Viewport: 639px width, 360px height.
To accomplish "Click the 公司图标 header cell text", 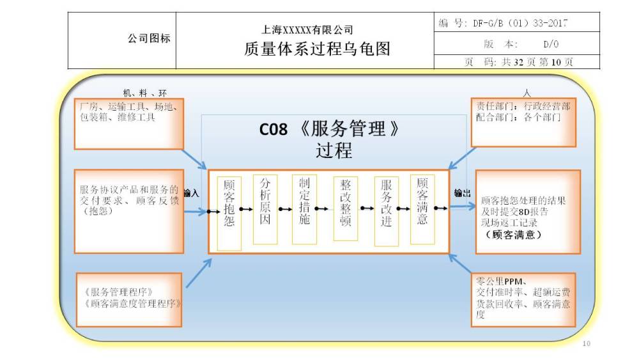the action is click(x=149, y=38).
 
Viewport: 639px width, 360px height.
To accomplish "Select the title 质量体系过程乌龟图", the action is click(x=317, y=49).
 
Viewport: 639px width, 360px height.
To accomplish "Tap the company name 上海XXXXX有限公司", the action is click(x=307, y=30).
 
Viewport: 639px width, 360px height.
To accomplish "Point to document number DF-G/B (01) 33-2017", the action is click(x=520, y=23).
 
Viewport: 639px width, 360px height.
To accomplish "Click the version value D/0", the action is click(x=551, y=44).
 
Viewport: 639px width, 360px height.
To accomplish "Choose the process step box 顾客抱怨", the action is click(x=229, y=213).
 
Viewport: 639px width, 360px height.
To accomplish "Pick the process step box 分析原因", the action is click(x=265, y=210).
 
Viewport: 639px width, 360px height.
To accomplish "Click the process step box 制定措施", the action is click(x=304, y=210).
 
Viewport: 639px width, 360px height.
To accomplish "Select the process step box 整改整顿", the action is click(x=345, y=208).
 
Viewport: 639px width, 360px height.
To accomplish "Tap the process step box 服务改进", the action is click(x=387, y=211).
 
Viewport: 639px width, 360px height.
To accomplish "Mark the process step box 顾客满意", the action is click(x=422, y=210).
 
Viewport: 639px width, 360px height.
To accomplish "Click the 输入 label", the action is click(x=192, y=193).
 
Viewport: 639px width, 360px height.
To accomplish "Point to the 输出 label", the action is click(x=462, y=193).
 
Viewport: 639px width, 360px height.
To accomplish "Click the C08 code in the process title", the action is click(x=273, y=130).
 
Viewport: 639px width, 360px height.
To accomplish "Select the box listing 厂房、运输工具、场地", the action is click(x=129, y=123).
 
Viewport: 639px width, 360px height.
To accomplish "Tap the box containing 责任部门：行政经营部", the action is click(x=523, y=122).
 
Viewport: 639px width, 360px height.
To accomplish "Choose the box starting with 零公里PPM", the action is click(x=523, y=300).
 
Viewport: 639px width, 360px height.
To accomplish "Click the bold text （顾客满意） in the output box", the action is click(x=514, y=235).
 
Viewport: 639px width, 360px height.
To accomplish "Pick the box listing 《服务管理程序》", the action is click(x=129, y=300).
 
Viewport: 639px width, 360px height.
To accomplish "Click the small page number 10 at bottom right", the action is click(x=587, y=343).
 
